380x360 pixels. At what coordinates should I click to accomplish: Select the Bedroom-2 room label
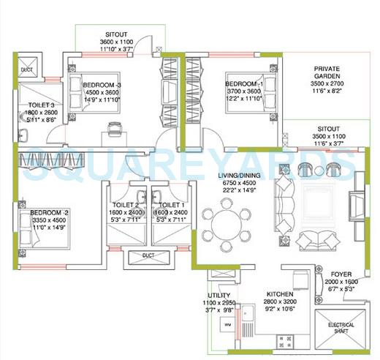(49, 212)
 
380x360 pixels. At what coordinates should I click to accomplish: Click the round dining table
(226, 222)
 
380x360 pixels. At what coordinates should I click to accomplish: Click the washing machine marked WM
(227, 323)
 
